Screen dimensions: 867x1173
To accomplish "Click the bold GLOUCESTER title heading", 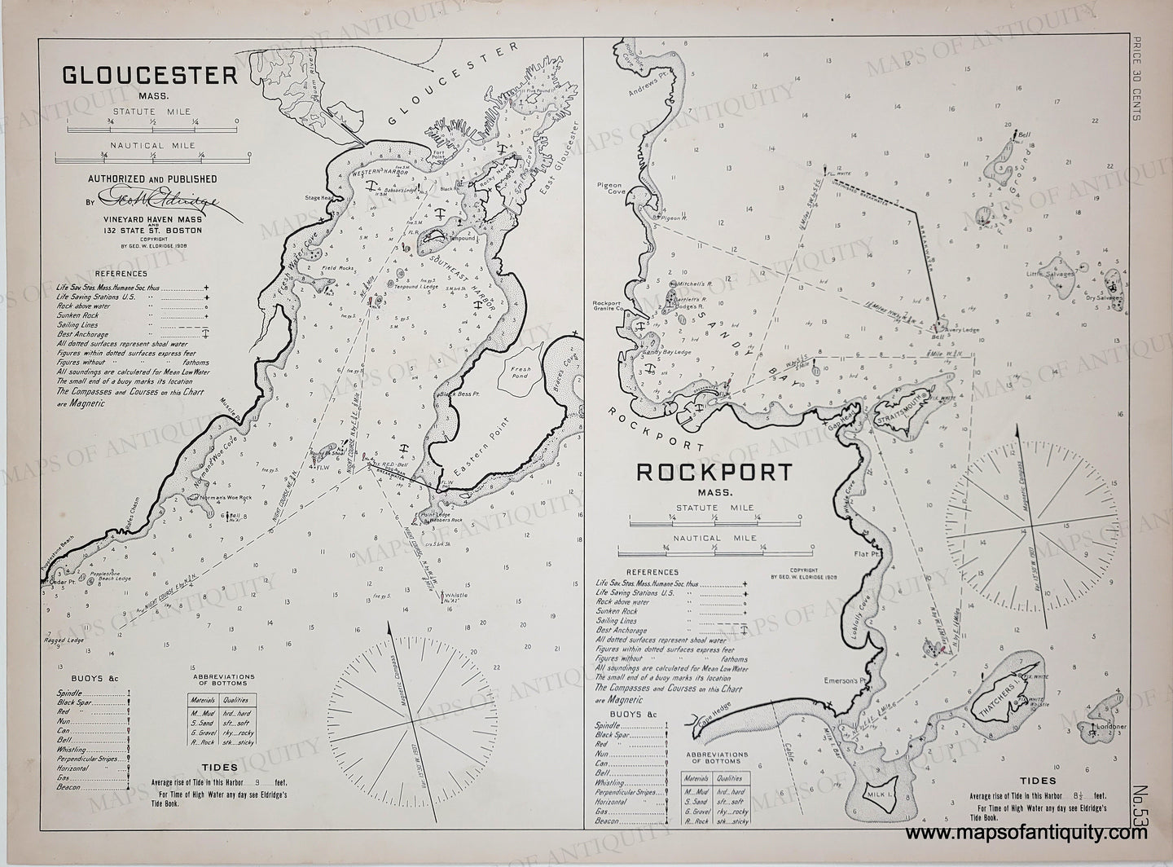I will tap(150, 76).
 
